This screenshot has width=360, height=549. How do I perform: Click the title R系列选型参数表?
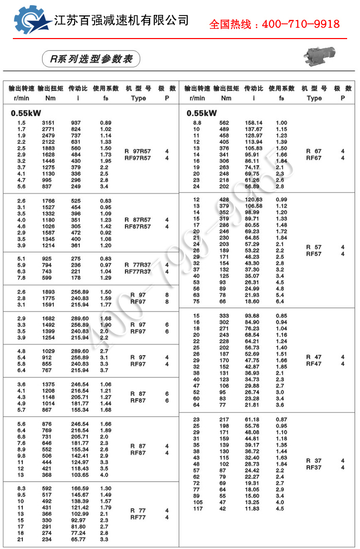point(88,59)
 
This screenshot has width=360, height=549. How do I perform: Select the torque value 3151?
point(48,123)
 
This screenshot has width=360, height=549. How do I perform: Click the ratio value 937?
point(76,123)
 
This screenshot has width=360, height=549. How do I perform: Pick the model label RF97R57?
point(138,158)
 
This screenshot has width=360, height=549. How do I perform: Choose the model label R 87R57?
point(138,219)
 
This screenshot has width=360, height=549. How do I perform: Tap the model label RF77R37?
point(138,271)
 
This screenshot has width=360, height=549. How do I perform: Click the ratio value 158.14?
point(253,123)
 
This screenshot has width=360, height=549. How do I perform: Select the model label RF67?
point(314,158)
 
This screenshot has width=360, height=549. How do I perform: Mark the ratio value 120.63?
point(253,199)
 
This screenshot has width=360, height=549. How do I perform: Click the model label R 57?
point(314,247)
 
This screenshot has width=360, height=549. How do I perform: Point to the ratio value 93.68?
point(253,316)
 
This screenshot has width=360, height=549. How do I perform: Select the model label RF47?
point(314,363)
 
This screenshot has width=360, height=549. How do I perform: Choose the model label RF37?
point(314,467)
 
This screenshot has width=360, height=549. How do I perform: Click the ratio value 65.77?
point(78,539)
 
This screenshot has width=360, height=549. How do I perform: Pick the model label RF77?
point(138,518)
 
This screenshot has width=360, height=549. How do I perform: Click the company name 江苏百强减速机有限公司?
point(121,20)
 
